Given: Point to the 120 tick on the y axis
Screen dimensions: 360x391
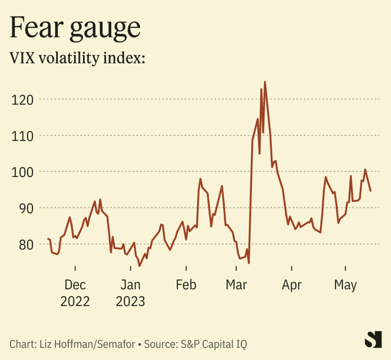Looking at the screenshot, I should tap(23, 99).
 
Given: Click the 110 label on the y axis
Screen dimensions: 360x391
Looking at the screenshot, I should tap(23, 136).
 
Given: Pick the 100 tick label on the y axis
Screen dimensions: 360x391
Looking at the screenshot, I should tap(23, 172).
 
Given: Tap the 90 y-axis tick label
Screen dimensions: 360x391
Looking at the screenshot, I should tap(26, 208).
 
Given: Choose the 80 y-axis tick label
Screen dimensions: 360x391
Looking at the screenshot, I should tap(26, 244).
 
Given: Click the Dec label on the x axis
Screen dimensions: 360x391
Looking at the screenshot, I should tap(75, 285).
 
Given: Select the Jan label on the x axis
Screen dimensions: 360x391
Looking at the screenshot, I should tap(130, 285).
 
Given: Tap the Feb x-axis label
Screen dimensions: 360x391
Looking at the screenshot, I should tap(186, 285).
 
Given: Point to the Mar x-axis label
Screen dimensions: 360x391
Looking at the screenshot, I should tap(236, 285).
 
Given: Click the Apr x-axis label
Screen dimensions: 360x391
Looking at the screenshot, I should tap(292, 285).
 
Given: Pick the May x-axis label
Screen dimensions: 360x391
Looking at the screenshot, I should tap(345, 285).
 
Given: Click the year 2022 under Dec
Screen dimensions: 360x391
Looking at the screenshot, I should tap(75, 302).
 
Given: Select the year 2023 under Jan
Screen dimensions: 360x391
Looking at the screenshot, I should tap(130, 302).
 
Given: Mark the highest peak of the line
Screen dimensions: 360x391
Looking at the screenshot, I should tap(265, 82).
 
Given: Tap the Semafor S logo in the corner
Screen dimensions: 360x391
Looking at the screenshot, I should tap(373, 339).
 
